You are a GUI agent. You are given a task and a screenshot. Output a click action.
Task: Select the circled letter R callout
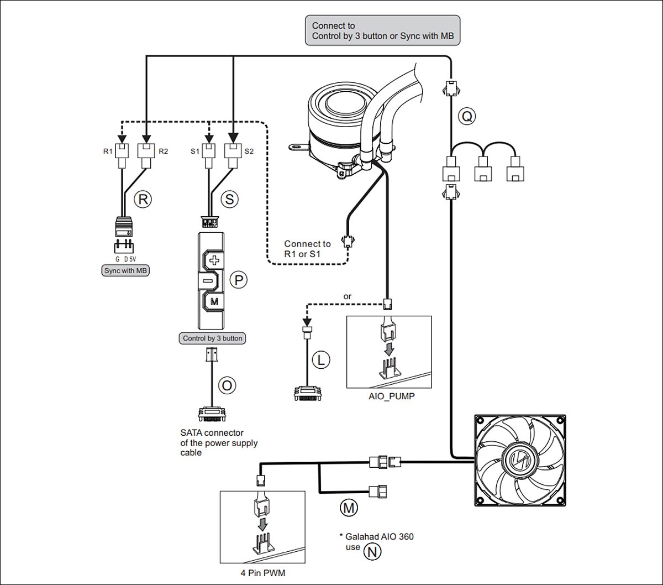[x=143, y=199]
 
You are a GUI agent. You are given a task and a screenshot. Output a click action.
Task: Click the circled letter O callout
[x=227, y=385]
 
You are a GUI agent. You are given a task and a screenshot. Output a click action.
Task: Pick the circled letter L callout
[x=320, y=360]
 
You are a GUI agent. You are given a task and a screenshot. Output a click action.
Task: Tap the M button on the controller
[x=214, y=302]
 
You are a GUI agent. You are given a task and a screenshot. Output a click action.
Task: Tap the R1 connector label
[x=107, y=151]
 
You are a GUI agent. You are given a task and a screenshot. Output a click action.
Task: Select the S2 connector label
[x=249, y=151]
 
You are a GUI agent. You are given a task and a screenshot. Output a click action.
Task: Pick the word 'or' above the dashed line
[x=348, y=297]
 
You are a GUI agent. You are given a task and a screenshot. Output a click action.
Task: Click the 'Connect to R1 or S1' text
[x=307, y=249]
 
